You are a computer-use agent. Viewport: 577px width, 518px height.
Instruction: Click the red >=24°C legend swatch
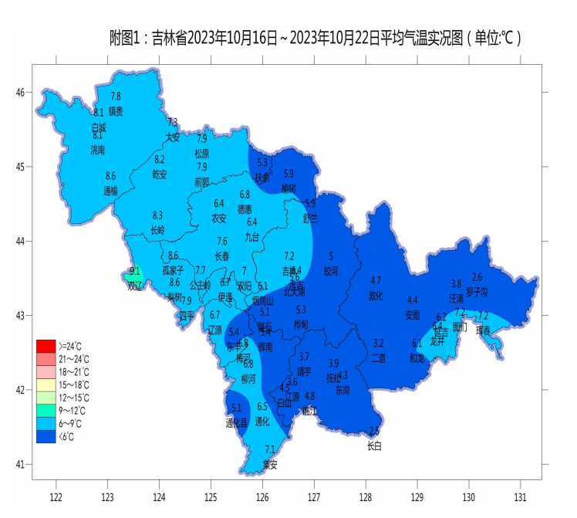click(x=46, y=345)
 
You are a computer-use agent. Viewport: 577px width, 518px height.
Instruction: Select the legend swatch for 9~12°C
click(x=46, y=410)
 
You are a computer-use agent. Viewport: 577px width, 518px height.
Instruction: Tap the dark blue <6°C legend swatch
click(x=46, y=436)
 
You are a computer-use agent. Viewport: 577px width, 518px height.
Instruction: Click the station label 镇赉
click(x=116, y=110)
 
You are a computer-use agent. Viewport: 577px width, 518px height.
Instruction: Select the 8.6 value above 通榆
click(x=110, y=176)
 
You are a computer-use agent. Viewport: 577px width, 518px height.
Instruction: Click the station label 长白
click(x=374, y=446)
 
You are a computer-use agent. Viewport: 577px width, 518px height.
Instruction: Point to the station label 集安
click(x=269, y=464)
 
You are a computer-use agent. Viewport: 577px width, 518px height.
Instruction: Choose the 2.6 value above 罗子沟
click(x=477, y=277)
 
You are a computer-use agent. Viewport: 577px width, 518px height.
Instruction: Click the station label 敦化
click(x=376, y=295)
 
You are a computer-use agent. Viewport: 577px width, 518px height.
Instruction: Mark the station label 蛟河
click(x=331, y=271)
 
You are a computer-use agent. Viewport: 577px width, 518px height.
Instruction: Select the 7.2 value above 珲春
click(x=483, y=315)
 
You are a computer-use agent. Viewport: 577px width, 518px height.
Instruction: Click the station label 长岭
click(x=157, y=230)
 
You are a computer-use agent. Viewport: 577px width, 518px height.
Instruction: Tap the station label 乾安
click(x=160, y=174)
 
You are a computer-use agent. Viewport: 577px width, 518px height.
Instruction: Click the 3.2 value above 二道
click(x=378, y=343)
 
